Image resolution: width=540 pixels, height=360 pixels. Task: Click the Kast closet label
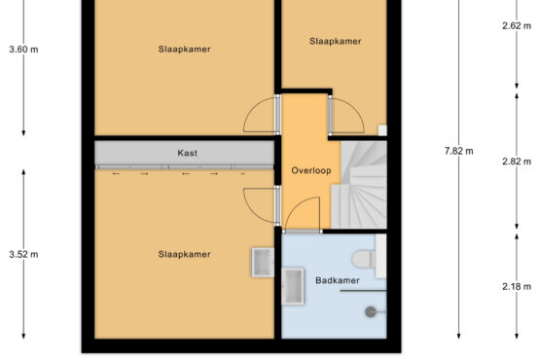click(188, 153)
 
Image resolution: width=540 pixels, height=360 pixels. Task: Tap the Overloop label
click(311, 170)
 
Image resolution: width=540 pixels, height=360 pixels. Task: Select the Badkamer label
click(338, 280)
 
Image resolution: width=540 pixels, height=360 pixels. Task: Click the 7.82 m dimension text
click(458, 151)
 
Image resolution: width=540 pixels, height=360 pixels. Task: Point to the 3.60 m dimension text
click(23, 50)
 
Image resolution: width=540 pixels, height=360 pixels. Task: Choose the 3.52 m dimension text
click(23, 255)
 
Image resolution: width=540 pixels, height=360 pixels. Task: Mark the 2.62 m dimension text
click(517, 26)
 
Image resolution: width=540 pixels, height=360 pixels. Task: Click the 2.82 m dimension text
click(517, 162)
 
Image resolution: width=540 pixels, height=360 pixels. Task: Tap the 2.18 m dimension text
click(517, 286)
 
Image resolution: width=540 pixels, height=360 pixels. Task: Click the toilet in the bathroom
click(369, 257)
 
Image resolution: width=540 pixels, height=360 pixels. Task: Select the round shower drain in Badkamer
click(371, 311)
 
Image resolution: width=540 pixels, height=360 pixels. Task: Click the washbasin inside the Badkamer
click(293, 286)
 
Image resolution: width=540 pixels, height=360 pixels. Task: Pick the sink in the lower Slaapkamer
click(263, 262)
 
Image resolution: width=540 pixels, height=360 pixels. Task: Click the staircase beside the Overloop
click(359, 184)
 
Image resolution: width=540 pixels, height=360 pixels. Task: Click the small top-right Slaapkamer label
click(335, 41)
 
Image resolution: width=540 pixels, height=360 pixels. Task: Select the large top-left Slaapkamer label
click(184, 49)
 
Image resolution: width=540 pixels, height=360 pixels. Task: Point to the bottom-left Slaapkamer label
click(184, 254)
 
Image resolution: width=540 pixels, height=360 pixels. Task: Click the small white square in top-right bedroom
click(382, 130)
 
